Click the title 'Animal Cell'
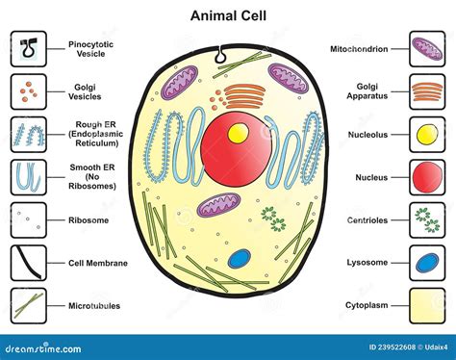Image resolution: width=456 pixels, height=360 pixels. pyautogui.click(x=227, y=16)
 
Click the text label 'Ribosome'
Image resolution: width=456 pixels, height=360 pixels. pyautogui.click(x=88, y=219)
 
